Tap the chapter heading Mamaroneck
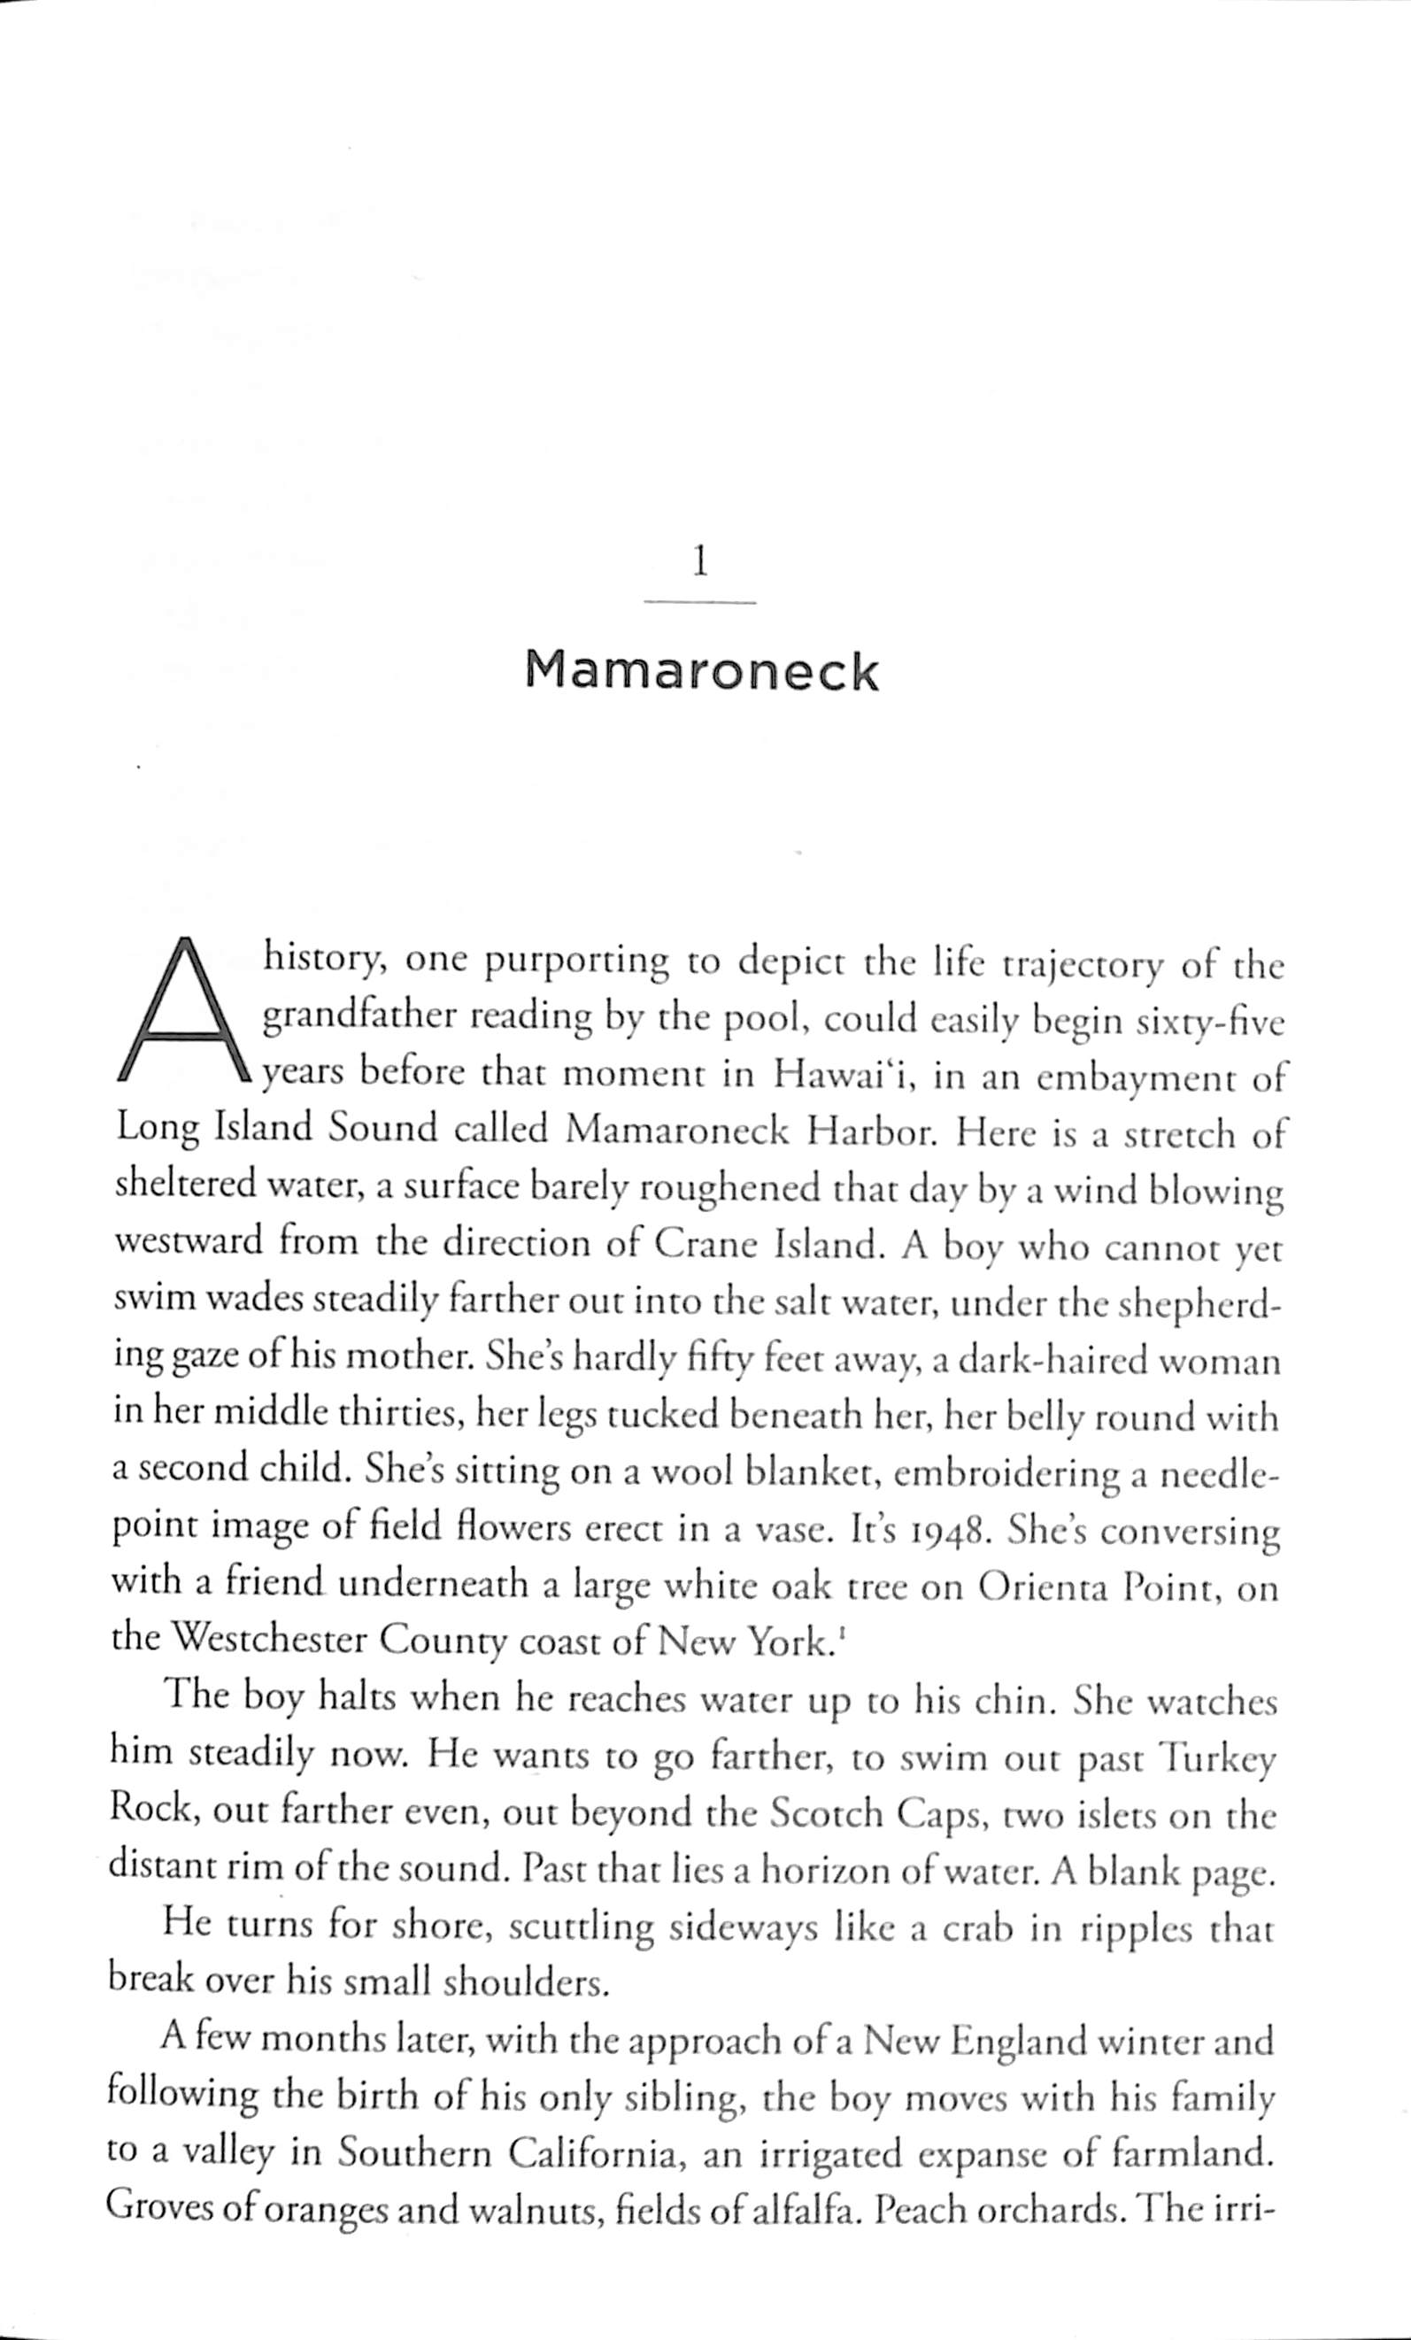[702, 671]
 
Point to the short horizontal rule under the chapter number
[700, 602]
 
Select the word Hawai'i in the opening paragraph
[844, 1076]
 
